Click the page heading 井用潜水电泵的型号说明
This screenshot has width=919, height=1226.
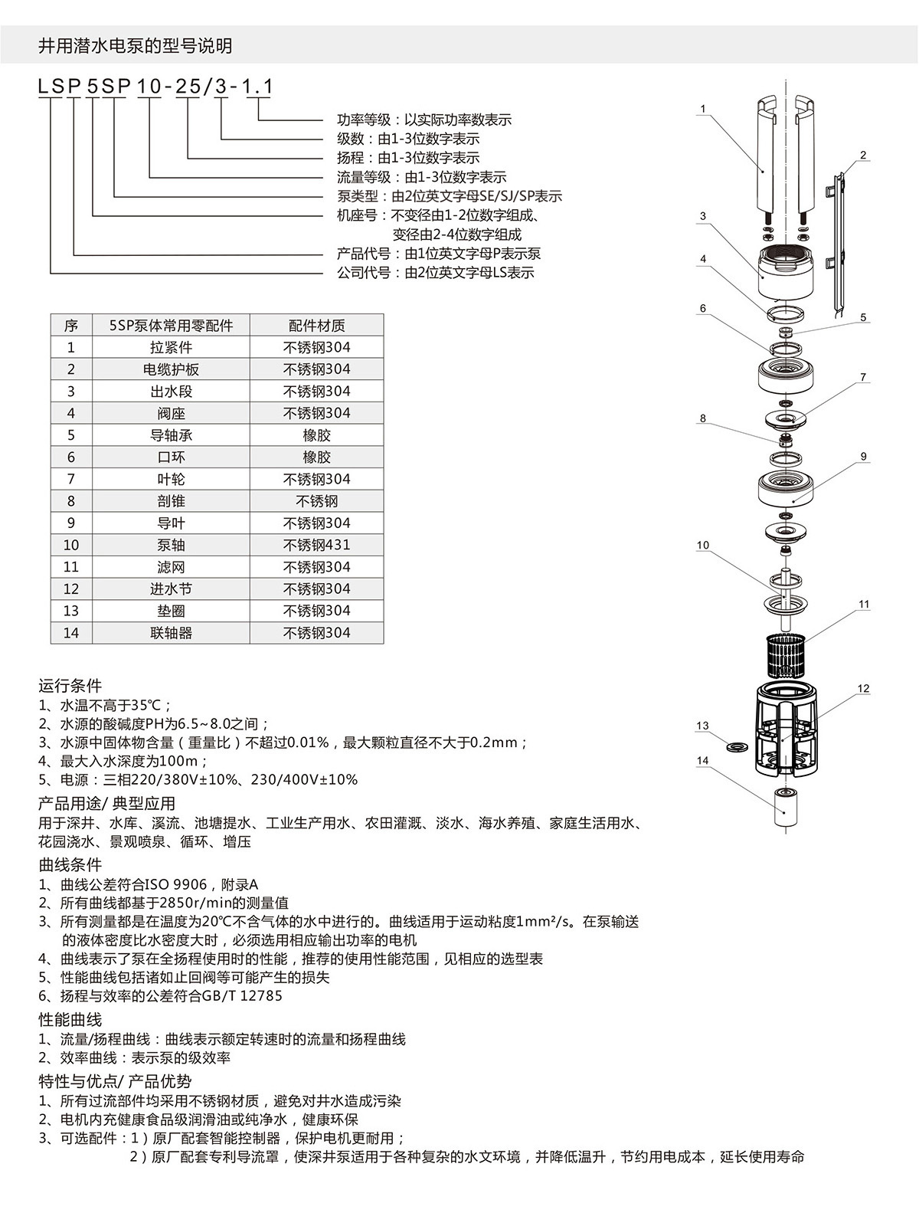pyautogui.click(x=135, y=46)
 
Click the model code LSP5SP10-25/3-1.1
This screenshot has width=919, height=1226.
pyautogui.click(x=155, y=87)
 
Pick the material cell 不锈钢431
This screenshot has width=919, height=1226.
pyautogui.click(x=316, y=545)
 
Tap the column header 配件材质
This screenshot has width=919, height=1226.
pyautogui.click(x=316, y=326)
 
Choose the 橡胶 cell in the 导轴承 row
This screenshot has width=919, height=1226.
pyautogui.click(x=316, y=435)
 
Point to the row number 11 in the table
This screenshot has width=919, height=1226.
pyautogui.click(x=71, y=567)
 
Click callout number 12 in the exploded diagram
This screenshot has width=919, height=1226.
pyautogui.click(x=863, y=688)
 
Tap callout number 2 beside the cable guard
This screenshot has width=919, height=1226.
pyautogui.click(x=863, y=156)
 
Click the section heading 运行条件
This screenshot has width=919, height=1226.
pyautogui.click(x=70, y=685)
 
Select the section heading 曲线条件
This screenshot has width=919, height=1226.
pyautogui.click(x=70, y=865)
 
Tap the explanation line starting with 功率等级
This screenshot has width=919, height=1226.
pyautogui.click(x=424, y=120)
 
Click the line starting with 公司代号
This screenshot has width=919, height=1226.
pyautogui.click(x=435, y=273)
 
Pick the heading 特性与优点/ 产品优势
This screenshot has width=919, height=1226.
pyautogui.click(x=115, y=1081)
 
